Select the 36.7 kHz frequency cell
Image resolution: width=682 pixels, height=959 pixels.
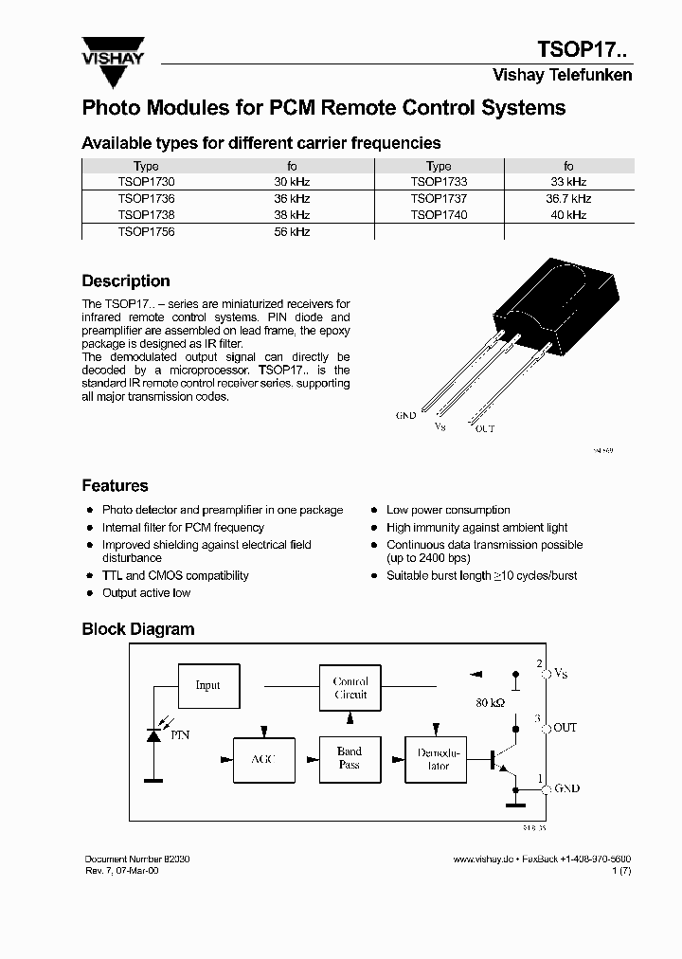[x=568, y=199]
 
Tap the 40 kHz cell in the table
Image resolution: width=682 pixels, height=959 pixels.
[x=568, y=215]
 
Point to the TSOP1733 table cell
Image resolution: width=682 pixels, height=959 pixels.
[x=439, y=182]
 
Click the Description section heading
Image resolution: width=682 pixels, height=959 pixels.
[x=126, y=281]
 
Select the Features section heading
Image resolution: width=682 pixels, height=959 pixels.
[x=115, y=486]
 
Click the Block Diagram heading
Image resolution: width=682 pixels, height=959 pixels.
[x=137, y=629]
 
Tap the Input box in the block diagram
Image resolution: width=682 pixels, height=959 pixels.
[x=207, y=685]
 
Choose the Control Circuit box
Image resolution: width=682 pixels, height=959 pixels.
[x=350, y=688]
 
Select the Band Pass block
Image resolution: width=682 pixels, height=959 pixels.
[x=350, y=758]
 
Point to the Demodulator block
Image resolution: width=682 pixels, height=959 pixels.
[x=438, y=759]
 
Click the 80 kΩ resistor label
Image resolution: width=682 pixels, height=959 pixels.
[x=491, y=704]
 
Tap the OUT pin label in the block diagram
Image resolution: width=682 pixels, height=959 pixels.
[x=565, y=728]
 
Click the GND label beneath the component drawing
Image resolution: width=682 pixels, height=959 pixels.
[x=405, y=416]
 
